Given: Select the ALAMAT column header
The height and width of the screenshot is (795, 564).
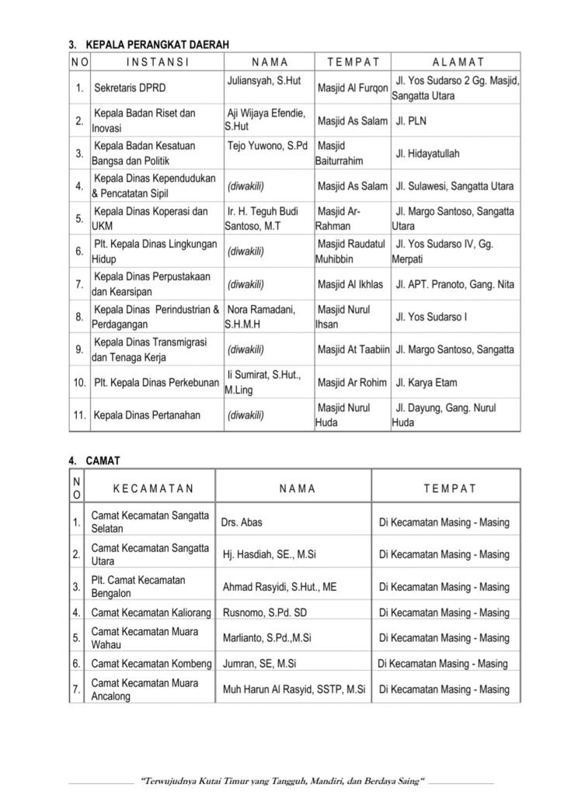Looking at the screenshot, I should (458, 62).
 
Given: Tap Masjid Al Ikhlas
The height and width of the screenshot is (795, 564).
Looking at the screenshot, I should (350, 284).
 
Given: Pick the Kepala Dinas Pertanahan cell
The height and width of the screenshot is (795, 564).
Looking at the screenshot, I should (147, 415).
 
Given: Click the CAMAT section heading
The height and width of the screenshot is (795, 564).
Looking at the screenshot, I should (103, 460).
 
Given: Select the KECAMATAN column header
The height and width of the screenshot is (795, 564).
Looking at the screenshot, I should (152, 489).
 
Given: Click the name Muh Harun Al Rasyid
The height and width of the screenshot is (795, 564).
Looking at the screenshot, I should (294, 689).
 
